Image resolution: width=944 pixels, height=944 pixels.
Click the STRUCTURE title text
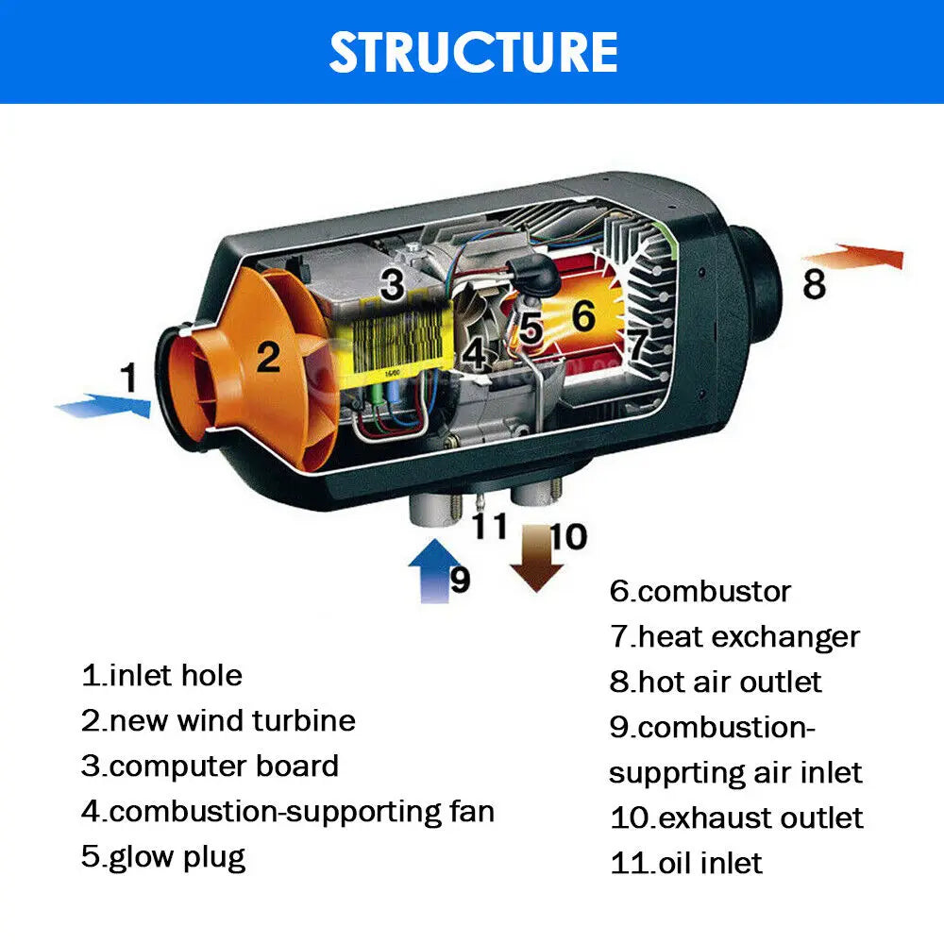pyautogui.click(x=473, y=51)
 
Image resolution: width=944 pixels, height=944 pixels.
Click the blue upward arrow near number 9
pyautogui.click(x=429, y=569)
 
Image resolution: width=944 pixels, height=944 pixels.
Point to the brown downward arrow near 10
pyautogui.click(x=535, y=560)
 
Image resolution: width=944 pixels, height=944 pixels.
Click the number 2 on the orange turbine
pyautogui.click(x=269, y=357)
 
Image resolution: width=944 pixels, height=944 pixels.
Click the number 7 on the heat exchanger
pyautogui.click(x=639, y=343)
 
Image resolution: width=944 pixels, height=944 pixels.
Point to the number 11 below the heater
pyautogui.click(x=490, y=525)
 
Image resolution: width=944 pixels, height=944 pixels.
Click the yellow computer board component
pyautogui.click(x=396, y=345)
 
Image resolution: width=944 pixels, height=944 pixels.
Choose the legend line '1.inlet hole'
pyautogui.click(x=161, y=676)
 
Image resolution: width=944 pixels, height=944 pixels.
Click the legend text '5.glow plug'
pyautogui.click(x=163, y=857)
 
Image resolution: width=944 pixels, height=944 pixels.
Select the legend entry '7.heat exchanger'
pyautogui.click(x=734, y=637)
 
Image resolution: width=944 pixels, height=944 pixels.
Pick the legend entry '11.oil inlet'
pyautogui.click(x=685, y=863)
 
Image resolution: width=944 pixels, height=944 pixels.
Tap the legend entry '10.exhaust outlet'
pyautogui.click(x=736, y=818)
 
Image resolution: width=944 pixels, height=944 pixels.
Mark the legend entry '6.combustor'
pyautogui.click(x=700, y=592)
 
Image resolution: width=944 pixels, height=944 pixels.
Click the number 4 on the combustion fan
pyautogui.click(x=475, y=354)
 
